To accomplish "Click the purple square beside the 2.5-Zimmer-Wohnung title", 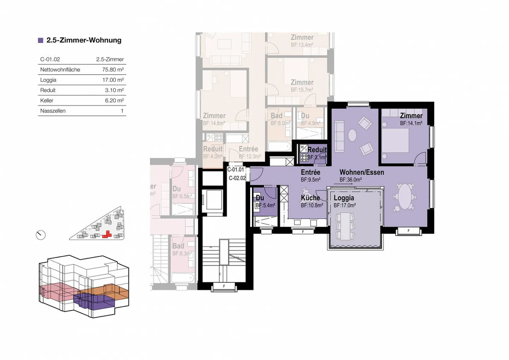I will pyautogui.click(x=41, y=40).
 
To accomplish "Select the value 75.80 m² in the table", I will pyautogui.click(x=113, y=70).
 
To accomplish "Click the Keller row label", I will pyautogui.click(x=47, y=100).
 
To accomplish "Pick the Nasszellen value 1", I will pyautogui.click(x=122, y=111).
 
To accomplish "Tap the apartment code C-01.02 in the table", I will pyautogui.click(x=50, y=59).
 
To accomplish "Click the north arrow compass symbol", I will pyautogui.click(x=41, y=235).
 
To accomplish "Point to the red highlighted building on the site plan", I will pyautogui.click(x=106, y=234).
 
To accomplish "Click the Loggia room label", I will pyautogui.click(x=344, y=198).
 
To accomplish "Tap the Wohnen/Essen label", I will pyautogui.click(x=362, y=172).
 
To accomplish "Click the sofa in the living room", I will pyautogui.click(x=339, y=136).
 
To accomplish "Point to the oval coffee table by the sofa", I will pyautogui.click(x=352, y=135).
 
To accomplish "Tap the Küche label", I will pyautogui.click(x=310, y=198).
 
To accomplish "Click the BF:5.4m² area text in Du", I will pyautogui.click(x=265, y=205).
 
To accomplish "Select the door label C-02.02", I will pyautogui.click(x=237, y=178).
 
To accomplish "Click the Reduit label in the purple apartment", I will pyautogui.click(x=317, y=150).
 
